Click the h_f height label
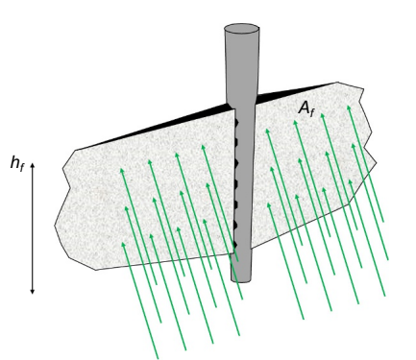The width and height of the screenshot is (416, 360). coord(17,163)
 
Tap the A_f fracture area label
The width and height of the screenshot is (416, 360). coord(306,109)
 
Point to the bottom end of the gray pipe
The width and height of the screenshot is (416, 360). coord(242,278)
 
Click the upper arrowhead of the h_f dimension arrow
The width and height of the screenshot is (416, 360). coord(33,166)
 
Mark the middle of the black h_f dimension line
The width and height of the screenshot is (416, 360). coord(33,228)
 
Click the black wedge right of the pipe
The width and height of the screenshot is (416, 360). coord(279,96)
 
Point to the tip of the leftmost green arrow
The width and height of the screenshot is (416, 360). coord(120,170)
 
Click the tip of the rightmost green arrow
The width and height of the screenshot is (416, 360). coord(349,106)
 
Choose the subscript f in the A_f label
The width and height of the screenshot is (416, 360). coord(312,113)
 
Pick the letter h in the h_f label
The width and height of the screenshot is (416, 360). coord(14,161)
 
